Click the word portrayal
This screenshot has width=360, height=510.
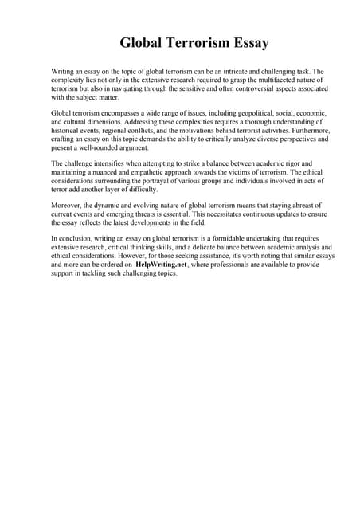(x=150, y=182)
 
